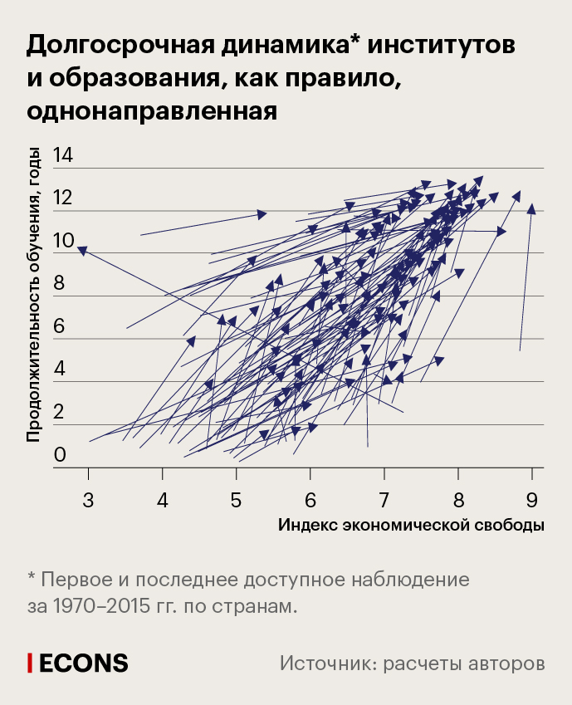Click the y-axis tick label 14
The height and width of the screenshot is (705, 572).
(x=63, y=154)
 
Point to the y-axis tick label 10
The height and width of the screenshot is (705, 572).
(x=63, y=242)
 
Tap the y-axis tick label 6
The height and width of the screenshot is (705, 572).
(x=59, y=327)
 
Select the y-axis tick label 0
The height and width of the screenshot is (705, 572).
(x=59, y=455)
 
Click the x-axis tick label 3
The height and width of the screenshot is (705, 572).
(x=88, y=500)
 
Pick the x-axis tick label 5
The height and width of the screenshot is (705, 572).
(x=237, y=500)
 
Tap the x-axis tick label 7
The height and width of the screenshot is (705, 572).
(x=384, y=500)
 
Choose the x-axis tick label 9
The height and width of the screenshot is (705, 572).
(x=531, y=500)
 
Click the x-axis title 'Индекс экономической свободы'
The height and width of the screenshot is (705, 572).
(x=411, y=526)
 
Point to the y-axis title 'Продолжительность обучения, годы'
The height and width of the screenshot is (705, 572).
(x=34, y=294)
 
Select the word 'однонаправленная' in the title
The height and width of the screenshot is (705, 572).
(x=151, y=110)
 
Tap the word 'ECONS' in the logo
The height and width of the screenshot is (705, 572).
(x=84, y=663)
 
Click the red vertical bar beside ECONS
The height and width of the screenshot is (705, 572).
(x=30, y=663)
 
